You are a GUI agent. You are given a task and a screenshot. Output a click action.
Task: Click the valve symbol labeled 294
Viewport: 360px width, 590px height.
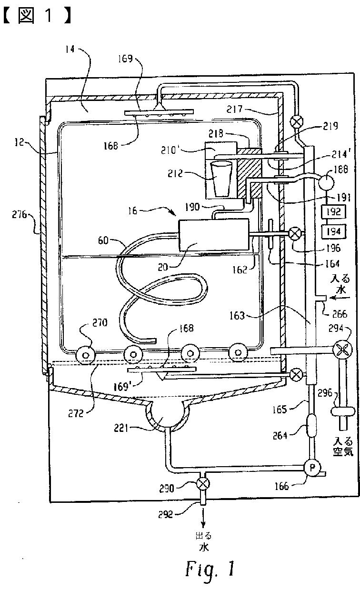coord(342,350)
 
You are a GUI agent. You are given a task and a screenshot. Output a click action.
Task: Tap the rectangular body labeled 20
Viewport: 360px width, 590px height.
coord(213,235)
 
